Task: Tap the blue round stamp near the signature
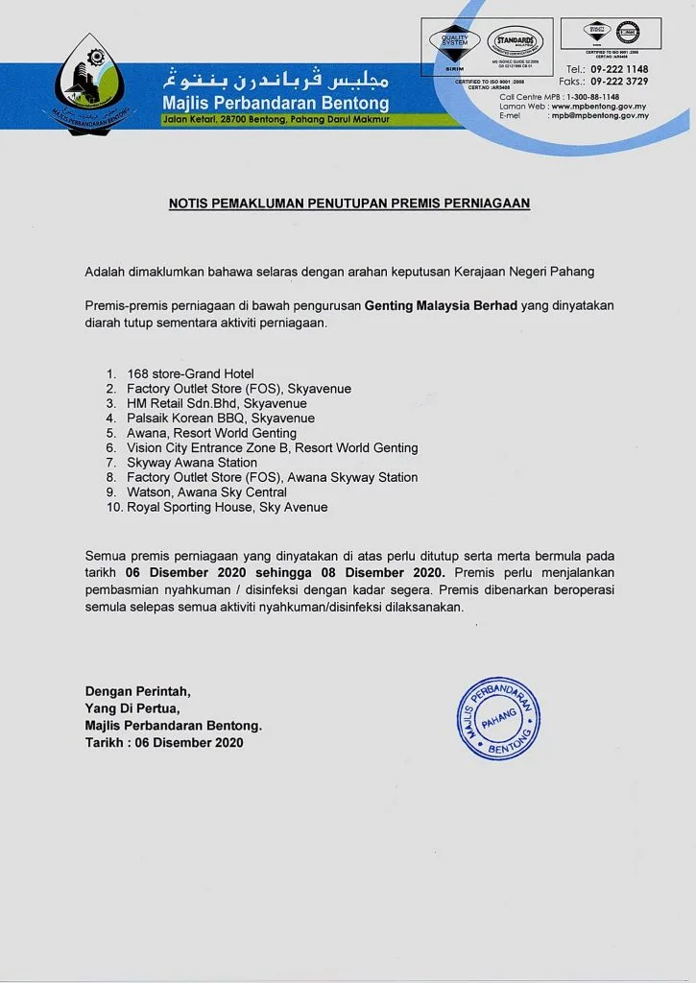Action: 497,715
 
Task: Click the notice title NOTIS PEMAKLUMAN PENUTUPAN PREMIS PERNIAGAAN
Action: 349,204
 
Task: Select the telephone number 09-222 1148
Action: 620,69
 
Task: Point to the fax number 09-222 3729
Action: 620,82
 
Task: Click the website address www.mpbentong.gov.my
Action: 600,106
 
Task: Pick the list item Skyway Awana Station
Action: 192,463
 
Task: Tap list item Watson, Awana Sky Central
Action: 206,492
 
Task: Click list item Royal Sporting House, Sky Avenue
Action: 228,507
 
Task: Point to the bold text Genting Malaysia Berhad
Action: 442,305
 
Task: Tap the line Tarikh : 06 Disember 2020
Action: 164,742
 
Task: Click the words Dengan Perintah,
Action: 138,690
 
